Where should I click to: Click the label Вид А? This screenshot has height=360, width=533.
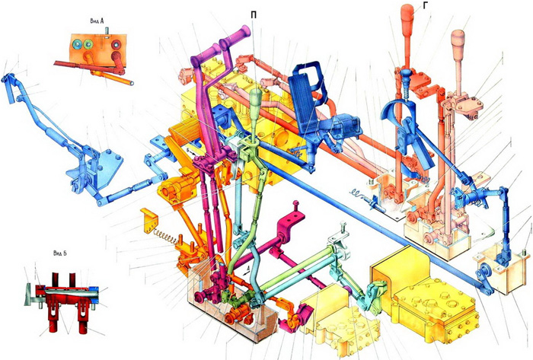coord(97,21)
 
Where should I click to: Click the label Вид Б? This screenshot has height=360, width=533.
coord(60,253)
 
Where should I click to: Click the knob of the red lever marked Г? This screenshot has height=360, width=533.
coord(408,17)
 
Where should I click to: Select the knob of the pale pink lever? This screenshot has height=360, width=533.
coord(458,41)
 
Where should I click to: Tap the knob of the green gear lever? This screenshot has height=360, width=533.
coord(257,99)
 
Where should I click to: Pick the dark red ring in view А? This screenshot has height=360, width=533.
coord(117,44)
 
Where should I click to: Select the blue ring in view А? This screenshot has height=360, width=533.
coord(76,44)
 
